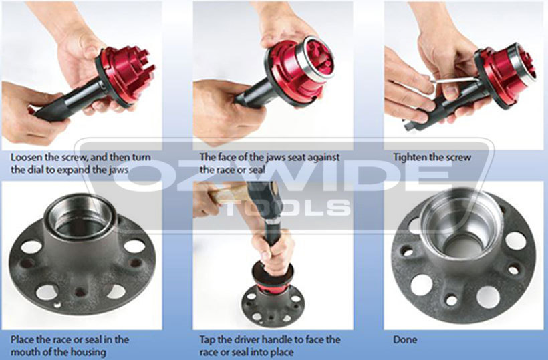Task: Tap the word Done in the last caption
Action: click(x=405, y=339)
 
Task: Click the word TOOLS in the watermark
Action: click(x=287, y=207)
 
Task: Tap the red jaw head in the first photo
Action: click(x=127, y=74)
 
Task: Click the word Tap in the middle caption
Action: click(x=208, y=339)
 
